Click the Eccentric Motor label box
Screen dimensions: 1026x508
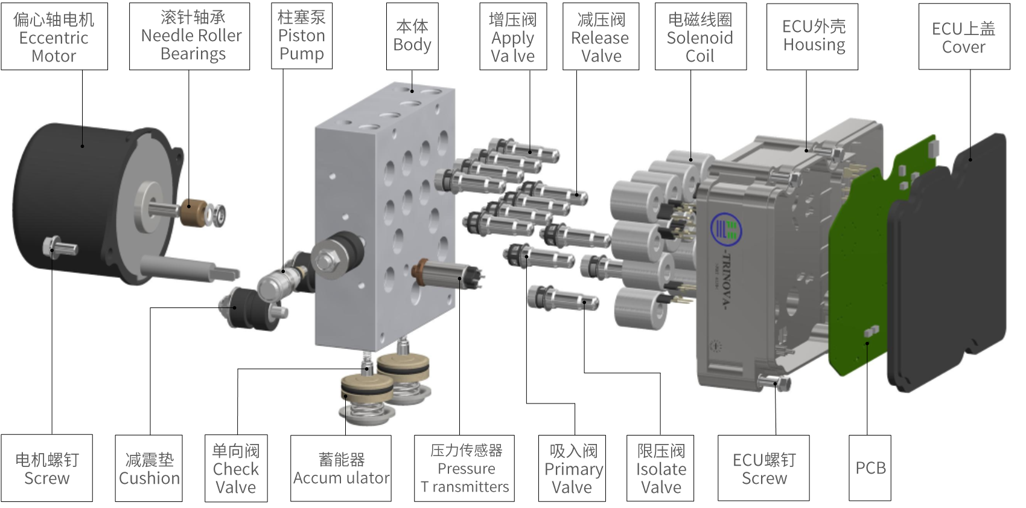coord(54,36)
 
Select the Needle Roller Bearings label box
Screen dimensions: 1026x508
coord(190,36)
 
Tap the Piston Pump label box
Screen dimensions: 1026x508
coord(302,36)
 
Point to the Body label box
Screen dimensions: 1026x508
coord(412,36)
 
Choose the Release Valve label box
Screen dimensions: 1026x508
coord(601,36)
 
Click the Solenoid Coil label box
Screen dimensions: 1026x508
coord(701,36)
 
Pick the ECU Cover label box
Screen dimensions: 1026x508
coord(964,36)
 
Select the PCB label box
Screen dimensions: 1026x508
coord(870,468)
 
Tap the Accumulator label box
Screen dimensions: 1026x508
coord(341,468)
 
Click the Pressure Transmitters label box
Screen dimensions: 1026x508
coord(465,468)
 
